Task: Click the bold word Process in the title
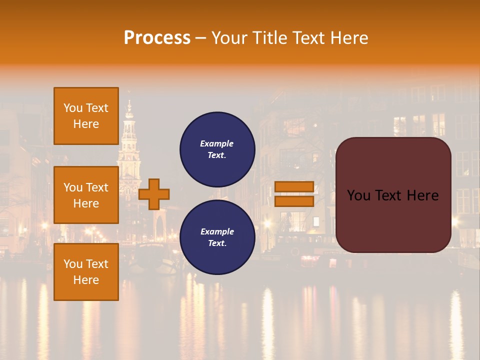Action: coord(157,37)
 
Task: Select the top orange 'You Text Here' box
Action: coord(86,116)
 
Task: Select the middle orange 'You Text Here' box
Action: coord(86,195)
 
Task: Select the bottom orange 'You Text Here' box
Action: coord(86,272)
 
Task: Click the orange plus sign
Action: coord(154,194)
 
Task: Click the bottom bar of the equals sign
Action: coord(294,201)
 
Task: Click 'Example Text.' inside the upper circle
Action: coord(217,149)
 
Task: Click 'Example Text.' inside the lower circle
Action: coord(217,237)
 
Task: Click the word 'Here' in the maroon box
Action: coord(422,195)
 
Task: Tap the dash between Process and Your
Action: coord(201,38)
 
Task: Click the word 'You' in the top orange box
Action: coord(72,108)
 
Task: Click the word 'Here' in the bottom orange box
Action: coord(86,280)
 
